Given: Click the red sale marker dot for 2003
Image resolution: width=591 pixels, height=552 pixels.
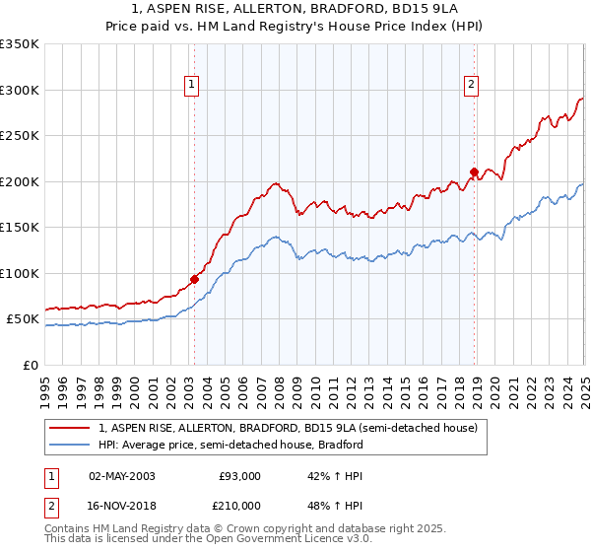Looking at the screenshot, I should point(194,279).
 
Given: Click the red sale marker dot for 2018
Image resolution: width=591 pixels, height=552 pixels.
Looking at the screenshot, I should point(474,172).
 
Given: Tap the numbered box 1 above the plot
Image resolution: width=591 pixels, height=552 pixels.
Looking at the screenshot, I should point(191,85).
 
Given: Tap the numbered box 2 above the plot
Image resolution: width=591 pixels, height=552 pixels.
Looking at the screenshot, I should point(472,85).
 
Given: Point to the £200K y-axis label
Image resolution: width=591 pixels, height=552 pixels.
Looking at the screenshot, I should point(20,181).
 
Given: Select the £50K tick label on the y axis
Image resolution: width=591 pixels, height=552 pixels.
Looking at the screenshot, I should point(23,319).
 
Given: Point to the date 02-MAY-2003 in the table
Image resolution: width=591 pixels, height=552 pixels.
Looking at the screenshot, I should point(121,475).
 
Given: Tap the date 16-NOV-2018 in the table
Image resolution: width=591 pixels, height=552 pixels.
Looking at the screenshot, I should point(121,505).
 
